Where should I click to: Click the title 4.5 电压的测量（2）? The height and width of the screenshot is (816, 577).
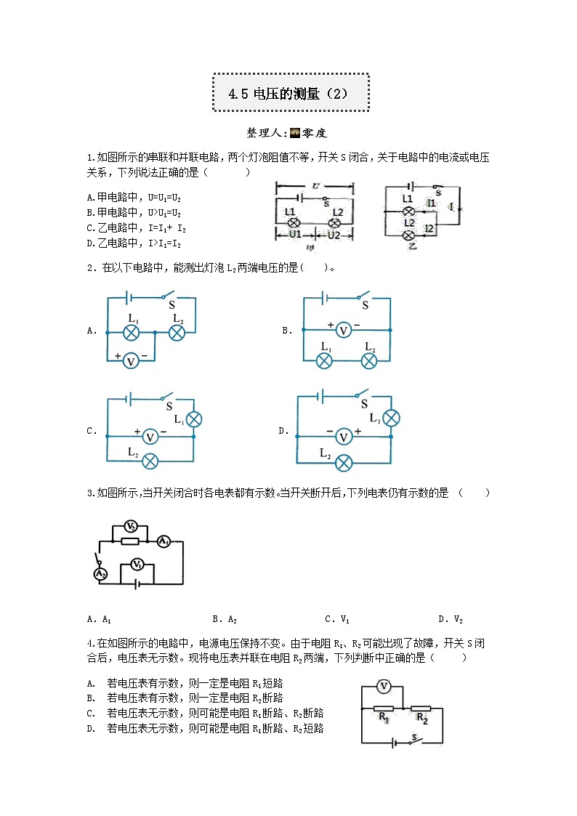[x=290, y=93]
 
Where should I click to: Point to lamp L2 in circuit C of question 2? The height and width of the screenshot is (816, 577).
[x=150, y=461]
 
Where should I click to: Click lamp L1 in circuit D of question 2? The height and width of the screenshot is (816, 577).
[x=391, y=418]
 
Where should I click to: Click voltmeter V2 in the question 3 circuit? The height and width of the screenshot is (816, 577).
[x=130, y=526]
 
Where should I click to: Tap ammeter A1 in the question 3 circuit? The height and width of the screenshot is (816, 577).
[x=164, y=541]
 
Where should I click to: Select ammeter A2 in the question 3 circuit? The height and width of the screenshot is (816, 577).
[x=101, y=573]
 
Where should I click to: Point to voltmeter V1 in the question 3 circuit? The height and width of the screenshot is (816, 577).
[x=136, y=564]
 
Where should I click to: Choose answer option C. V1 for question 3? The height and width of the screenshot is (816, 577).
[x=337, y=620]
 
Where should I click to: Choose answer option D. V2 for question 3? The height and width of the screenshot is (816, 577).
[x=451, y=620]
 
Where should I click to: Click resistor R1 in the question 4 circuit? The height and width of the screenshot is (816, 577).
[x=383, y=708]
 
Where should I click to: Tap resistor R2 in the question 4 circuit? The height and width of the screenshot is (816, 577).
[x=421, y=708]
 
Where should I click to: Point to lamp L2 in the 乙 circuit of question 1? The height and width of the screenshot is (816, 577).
[x=409, y=235]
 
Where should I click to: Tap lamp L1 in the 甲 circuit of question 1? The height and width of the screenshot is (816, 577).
[x=291, y=222]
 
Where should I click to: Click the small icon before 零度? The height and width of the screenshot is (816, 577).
[x=295, y=133]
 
